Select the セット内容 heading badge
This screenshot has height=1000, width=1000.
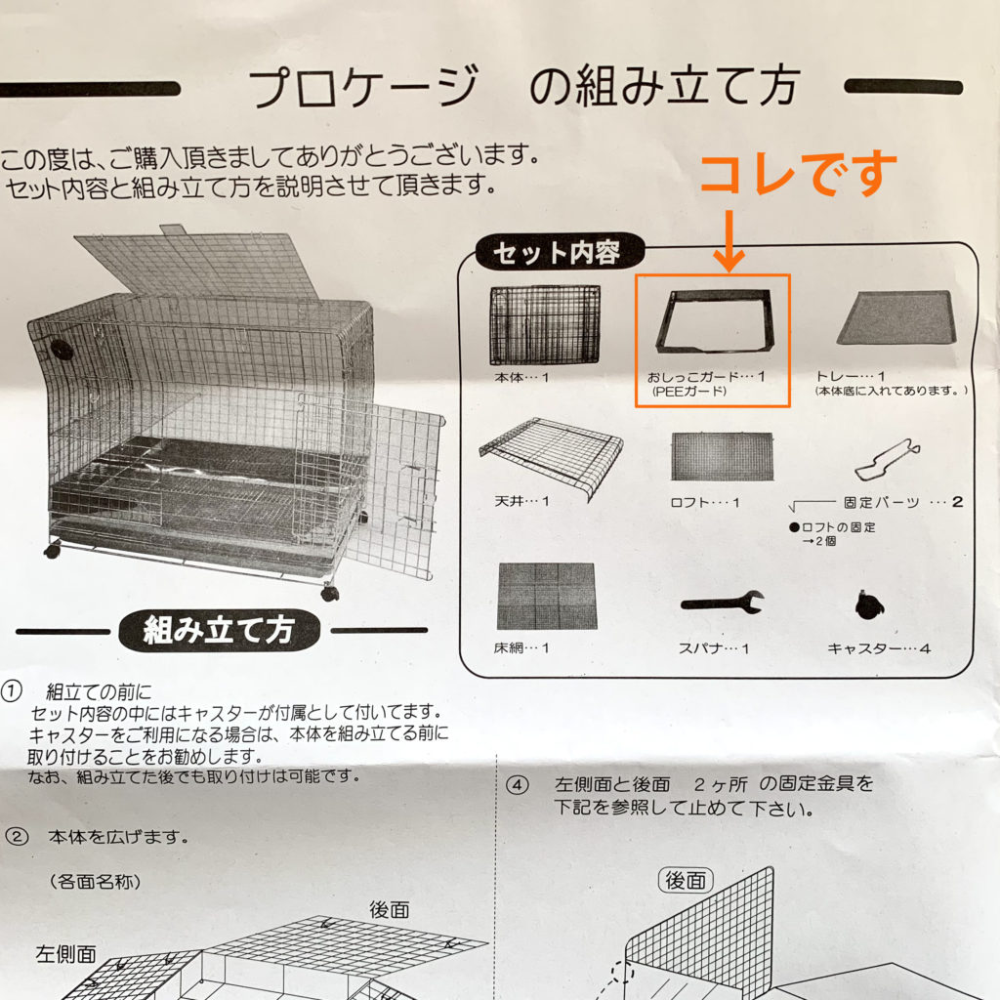point(556,253)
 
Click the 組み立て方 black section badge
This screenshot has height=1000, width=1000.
point(218,630)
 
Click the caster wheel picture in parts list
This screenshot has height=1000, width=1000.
point(866,605)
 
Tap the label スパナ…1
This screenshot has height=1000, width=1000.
point(714,647)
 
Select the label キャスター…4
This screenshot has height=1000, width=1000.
point(878,647)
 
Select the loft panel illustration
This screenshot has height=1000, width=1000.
point(722,456)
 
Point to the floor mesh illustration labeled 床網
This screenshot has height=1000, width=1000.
point(545,596)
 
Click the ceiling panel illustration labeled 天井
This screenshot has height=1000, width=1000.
point(552,454)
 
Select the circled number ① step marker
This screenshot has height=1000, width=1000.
point(12,692)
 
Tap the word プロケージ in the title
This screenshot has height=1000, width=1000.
point(363,88)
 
